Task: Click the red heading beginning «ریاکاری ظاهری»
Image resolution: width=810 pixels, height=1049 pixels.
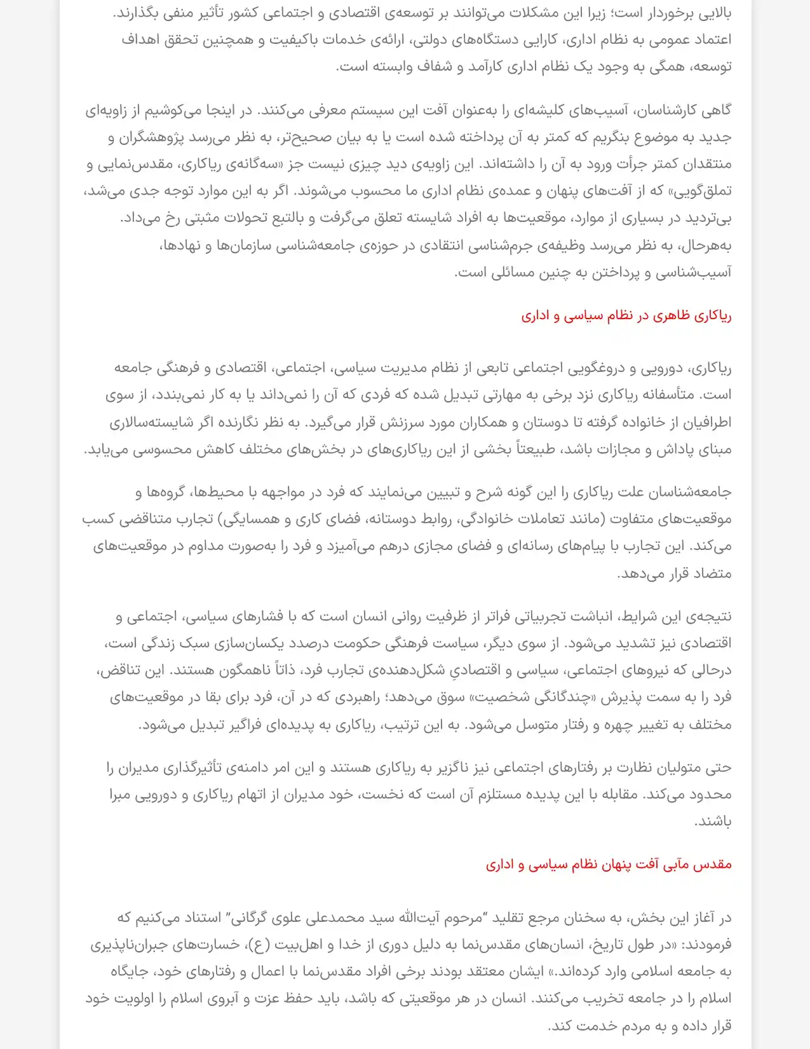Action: pyautogui.click(x=626, y=316)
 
